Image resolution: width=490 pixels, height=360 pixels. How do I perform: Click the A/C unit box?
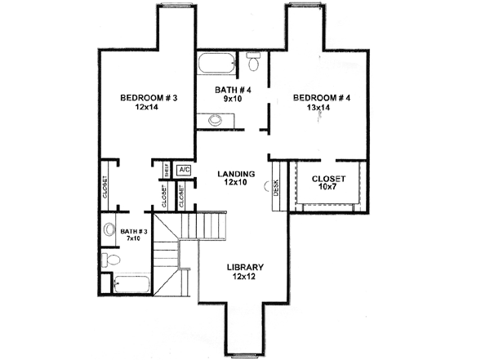[x=184, y=170]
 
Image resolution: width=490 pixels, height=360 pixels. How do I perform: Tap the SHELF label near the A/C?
[x=167, y=170]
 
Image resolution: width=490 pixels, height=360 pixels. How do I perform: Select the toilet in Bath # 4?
[x=252, y=63]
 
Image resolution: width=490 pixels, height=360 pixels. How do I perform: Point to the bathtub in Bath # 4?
[x=216, y=64]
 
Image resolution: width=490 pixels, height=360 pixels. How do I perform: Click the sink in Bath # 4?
[x=215, y=121]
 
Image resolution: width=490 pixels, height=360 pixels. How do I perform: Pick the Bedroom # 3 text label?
[x=149, y=98]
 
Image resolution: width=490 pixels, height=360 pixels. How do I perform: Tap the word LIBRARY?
[x=245, y=267]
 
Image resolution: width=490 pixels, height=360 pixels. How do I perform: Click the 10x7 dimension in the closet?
[x=329, y=189]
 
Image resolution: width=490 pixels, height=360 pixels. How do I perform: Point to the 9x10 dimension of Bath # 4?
[x=230, y=100]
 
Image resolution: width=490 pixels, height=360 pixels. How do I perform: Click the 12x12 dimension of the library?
[x=245, y=278]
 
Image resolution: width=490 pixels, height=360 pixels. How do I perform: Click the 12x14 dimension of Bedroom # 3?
[x=149, y=108]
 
